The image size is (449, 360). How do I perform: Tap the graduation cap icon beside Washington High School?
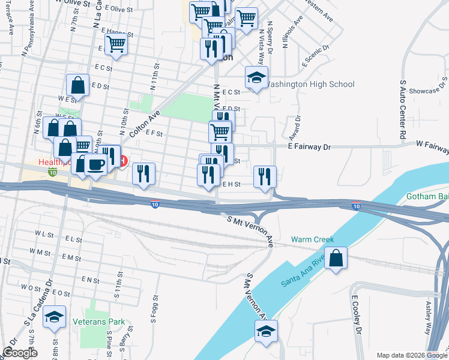[x=256, y=77]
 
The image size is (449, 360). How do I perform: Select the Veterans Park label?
[x=99, y=322]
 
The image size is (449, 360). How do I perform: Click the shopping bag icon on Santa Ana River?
[x=337, y=259]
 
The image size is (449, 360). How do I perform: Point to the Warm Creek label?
[x=312, y=239]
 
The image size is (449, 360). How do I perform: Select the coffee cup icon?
[x=95, y=163]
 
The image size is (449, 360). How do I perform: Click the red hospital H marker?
[x=123, y=160]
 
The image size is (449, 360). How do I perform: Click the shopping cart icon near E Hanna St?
[x=115, y=44]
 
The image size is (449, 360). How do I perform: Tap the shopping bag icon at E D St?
[x=78, y=85]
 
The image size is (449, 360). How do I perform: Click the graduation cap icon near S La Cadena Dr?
[x=54, y=317]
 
